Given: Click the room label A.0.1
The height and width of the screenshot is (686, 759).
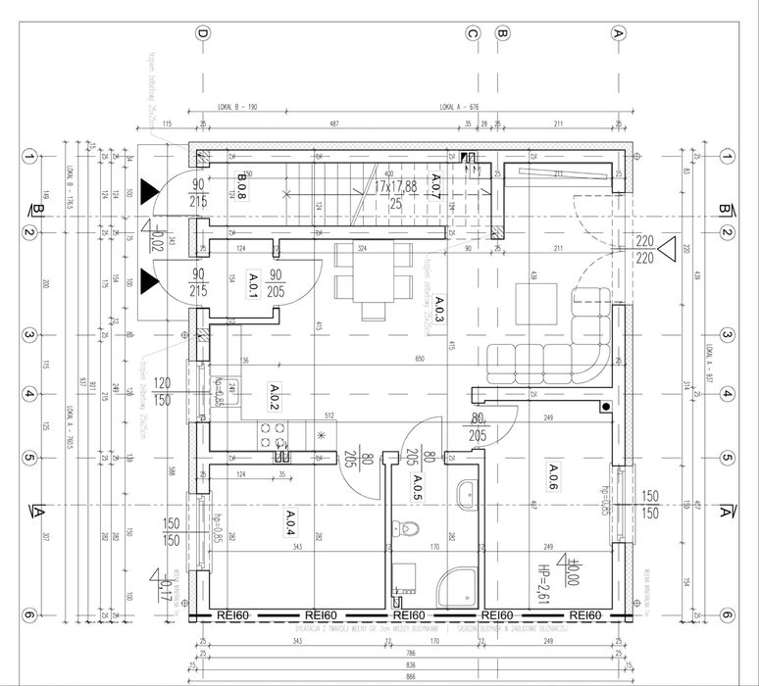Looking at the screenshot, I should [253, 286].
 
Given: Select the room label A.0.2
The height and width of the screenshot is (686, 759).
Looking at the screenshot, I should [275, 396].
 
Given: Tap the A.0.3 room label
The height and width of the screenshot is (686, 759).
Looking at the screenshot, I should [439, 309].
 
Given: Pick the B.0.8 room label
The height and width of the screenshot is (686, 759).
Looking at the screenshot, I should [241, 185].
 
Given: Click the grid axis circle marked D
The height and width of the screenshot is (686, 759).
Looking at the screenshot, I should [203, 33].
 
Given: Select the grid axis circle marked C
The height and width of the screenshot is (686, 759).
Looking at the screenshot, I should [473, 33].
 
